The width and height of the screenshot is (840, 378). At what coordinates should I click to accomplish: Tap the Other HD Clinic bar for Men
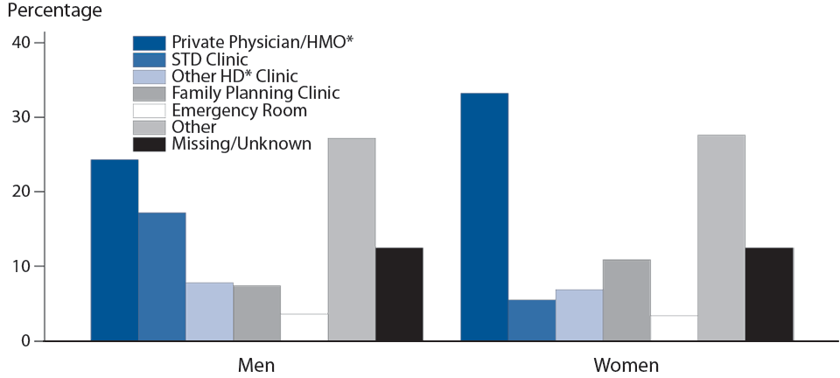[x=209, y=311]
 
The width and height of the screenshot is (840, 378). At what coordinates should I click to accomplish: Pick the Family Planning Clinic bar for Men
[x=256, y=312]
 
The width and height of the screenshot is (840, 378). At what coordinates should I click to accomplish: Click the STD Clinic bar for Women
[x=531, y=320]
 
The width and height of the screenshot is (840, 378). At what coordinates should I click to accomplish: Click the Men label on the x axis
[x=256, y=364]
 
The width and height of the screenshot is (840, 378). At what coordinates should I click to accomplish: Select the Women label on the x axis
[x=626, y=364]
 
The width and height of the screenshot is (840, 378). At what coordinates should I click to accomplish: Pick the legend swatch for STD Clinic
[x=149, y=59]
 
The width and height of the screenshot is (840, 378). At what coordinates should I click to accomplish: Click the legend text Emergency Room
[x=239, y=110]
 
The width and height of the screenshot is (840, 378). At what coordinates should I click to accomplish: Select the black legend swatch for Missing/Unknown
[x=149, y=143]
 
